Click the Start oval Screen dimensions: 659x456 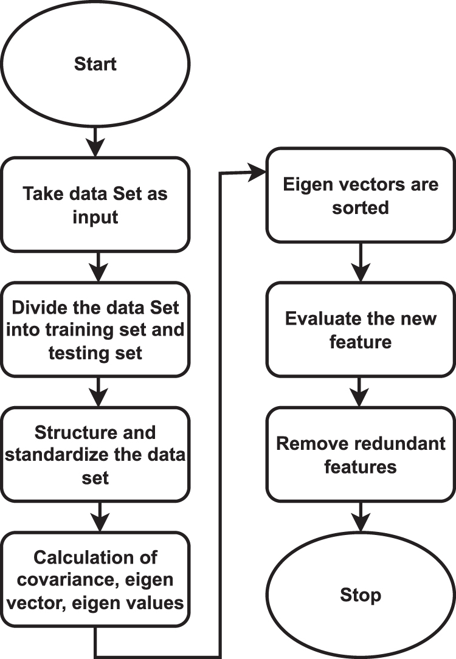point(95,63)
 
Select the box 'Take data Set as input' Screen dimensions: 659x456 point(95,204)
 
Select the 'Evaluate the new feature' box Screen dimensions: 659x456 point(361,330)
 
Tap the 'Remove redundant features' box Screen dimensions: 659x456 point(361,455)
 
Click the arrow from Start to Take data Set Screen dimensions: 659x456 point(95,141)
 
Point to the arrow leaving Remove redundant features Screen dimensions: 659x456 point(361,517)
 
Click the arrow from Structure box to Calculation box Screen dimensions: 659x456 point(95,517)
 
